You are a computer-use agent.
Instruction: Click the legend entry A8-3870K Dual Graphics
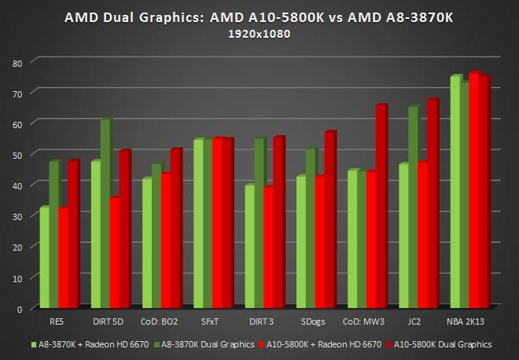[x=206, y=343]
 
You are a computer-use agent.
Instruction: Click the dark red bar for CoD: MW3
[x=382, y=204]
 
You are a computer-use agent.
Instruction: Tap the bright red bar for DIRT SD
[x=115, y=252]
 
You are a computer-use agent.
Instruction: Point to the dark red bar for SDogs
[x=330, y=220]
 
